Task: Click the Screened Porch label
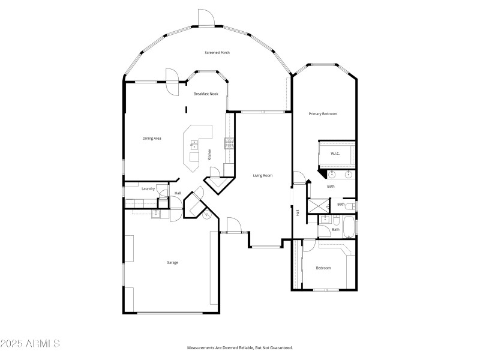(217, 53)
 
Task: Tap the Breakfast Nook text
(205, 94)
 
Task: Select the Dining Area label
(151, 139)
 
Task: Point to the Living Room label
(263, 176)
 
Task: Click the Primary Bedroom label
(323, 114)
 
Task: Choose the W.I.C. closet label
(335, 154)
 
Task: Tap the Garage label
(172, 262)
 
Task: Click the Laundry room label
(148, 189)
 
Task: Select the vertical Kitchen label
(209, 154)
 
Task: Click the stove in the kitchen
(229, 143)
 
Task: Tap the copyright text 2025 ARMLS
(30, 344)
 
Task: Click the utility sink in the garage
(155, 213)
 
